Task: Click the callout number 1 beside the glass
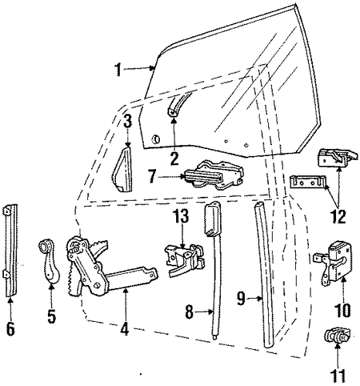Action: click(x=118, y=69)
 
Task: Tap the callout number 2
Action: click(x=175, y=158)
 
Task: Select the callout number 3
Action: click(x=127, y=121)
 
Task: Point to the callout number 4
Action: click(x=124, y=327)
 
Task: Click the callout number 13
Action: click(x=182, y=215)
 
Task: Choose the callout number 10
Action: click(x=343, y=310)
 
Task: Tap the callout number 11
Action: click(x=338, y=378)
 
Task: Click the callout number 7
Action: click(x=153, y=177)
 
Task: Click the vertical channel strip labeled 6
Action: click(x=12, y=250)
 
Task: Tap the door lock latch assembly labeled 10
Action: click(x=333, y=262)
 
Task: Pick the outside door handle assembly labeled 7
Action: click(x=213, y=174)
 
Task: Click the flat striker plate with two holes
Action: click(x=307, y=181)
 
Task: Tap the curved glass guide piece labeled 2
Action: click(x=177, y=105)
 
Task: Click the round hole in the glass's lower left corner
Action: click(x=155, y=139)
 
